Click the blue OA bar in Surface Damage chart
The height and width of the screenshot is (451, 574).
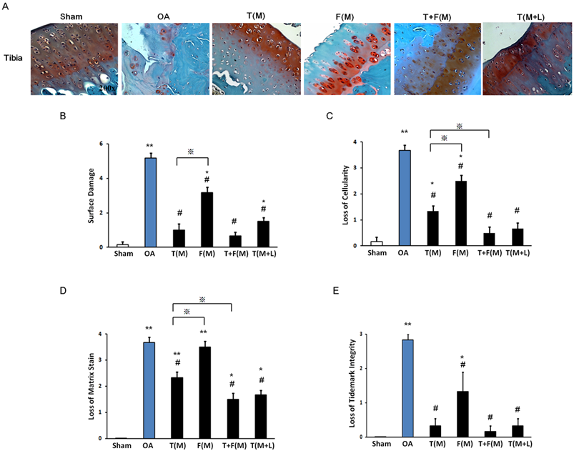[149, 202]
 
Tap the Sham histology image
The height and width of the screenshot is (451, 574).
[74, 59]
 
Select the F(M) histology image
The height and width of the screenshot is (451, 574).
[347, 59]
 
